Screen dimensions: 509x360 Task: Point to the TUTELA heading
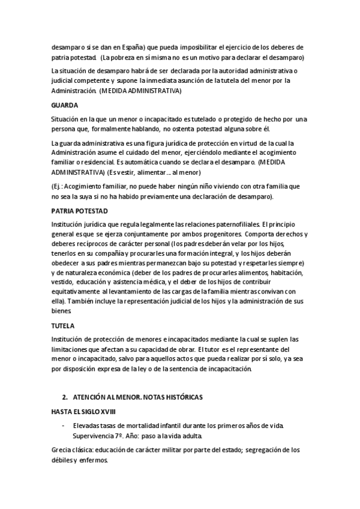point(63,326)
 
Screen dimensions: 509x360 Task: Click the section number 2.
point(64,398)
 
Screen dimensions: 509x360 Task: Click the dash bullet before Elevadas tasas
point(64,426)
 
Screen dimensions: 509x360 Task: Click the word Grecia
point(63,450)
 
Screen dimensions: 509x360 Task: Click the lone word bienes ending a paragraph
point(62,312)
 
